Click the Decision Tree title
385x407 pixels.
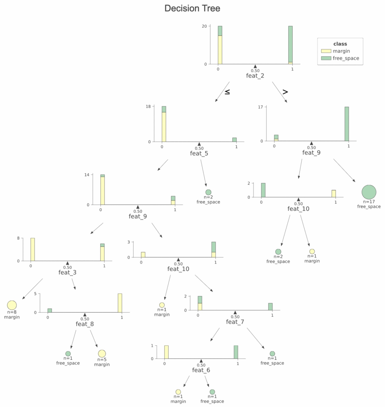192,8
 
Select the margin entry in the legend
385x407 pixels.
341,51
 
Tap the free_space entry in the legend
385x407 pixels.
345,58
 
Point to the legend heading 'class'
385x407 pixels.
340,44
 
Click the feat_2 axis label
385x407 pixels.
255,76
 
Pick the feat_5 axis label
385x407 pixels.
199,153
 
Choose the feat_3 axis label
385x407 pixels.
67,273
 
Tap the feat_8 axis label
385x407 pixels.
84,324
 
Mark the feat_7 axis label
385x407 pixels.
235,322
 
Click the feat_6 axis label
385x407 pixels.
201,370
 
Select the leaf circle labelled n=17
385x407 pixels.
369,192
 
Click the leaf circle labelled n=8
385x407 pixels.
12,305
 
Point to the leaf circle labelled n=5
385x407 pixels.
102,353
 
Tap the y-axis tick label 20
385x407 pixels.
204,26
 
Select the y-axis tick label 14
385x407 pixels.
87,175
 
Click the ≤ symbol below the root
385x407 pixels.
227,92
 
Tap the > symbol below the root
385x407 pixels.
285,92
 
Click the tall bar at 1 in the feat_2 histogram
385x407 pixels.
291,45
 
